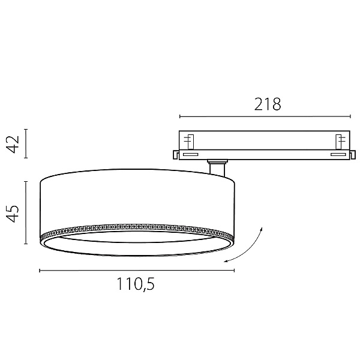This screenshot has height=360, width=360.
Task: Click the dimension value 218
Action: coord(268,104)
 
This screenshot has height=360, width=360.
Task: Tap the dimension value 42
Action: coord(13,144)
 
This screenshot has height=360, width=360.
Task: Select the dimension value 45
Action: coord(13,213)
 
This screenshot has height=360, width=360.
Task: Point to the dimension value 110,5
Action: coord(136,284)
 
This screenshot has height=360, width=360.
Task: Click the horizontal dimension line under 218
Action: coord(265,116)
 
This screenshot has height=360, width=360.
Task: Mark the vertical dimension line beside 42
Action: coord(26,143)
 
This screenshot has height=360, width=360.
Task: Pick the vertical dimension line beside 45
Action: coord(26,212)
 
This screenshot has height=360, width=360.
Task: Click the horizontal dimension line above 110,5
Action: coord(137,271)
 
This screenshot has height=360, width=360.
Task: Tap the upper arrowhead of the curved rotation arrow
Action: coord(261,229)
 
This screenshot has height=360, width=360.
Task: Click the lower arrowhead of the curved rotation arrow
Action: coord(226,261)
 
